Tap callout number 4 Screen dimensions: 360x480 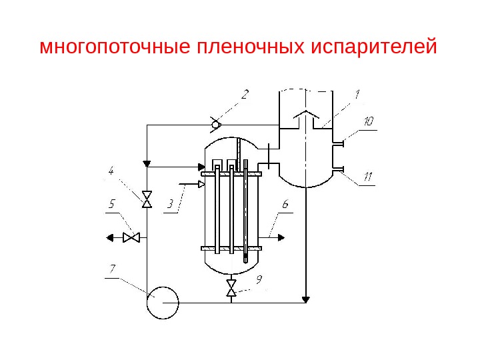(111, 172)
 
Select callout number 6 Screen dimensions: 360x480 (285, 205)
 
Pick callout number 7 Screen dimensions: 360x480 (113, 269)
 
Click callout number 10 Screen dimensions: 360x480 (368, 122)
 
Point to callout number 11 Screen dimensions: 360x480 (367, 177)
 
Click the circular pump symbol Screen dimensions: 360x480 (162, 302)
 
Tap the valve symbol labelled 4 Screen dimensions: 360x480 (147, 199)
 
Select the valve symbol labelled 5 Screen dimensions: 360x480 (131, 237)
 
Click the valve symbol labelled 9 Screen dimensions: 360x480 (231, 289)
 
